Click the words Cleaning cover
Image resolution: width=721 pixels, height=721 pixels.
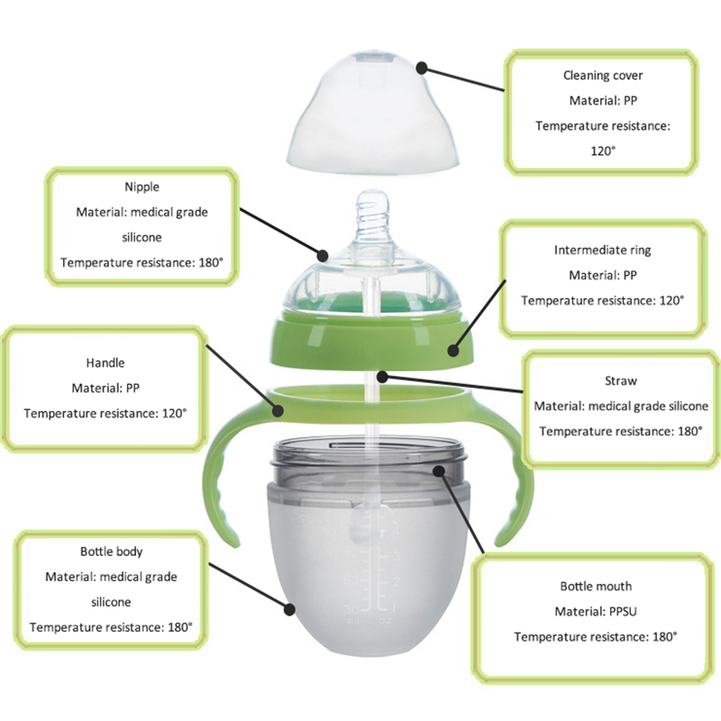pos(603,76)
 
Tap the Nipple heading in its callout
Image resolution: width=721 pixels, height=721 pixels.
pos(141,187)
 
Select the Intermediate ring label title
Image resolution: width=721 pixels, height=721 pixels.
pos(602,251)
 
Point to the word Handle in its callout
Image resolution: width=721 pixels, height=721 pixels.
pos(105,363)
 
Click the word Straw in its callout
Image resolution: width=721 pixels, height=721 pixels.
pos(621,380)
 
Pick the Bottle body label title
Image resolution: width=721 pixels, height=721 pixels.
pos(111,552)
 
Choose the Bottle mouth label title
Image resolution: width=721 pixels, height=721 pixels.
pos(596,587)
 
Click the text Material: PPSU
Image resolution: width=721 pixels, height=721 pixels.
pos(596,612)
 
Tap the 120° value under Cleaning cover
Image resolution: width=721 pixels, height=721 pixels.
pos(603,151)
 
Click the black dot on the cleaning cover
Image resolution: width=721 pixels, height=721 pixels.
pos(422,68)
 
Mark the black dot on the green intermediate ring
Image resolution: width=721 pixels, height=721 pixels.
pos(453,351)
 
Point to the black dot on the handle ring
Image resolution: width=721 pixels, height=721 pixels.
pos(278,410)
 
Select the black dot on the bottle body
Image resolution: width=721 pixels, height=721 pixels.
pos(289,610)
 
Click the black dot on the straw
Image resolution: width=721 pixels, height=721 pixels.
pos(382,377)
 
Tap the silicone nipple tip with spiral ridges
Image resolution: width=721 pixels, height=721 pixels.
pos(372,221)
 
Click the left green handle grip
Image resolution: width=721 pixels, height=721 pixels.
pos(222,479)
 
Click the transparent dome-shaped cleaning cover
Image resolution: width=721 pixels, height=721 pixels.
pos(373,115)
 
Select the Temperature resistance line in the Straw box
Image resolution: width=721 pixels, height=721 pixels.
pos(621,432)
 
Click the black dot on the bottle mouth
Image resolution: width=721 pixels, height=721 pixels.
pos(439,470)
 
